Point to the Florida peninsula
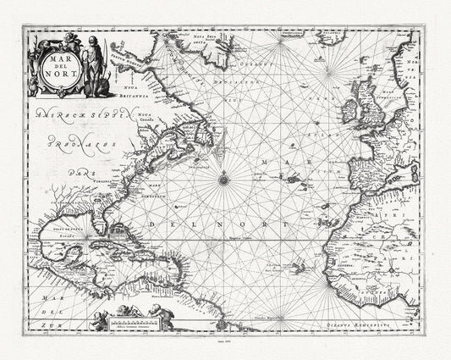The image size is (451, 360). pyautogui.click(x=100, y=222)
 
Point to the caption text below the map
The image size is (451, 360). pyautogui.click(x=225, y=352)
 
